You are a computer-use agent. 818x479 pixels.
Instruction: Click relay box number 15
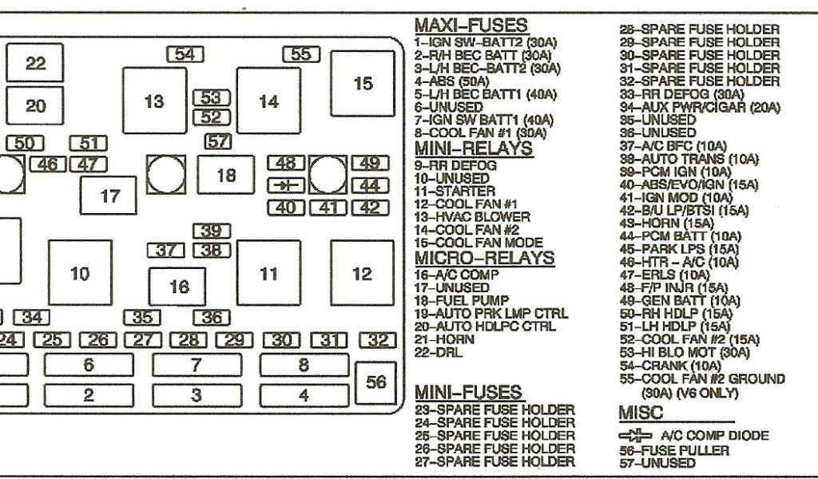point(363,83)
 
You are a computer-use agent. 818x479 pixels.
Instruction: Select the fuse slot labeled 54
point(185,54)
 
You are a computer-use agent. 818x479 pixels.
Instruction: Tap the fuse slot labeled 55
point(301,54)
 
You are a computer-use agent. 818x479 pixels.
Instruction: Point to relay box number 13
point(154,101)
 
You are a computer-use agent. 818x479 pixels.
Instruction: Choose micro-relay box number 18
point(226,175)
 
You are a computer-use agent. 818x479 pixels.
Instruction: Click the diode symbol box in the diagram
point(285,185)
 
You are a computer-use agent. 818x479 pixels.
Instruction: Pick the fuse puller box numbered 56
point(375,382)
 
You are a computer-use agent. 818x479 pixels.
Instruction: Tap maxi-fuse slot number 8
point(304,366)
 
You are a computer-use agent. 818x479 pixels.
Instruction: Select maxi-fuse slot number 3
point(196,395)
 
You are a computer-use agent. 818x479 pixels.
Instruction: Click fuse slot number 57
point(217,142)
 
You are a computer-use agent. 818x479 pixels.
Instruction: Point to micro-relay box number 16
point(180,287)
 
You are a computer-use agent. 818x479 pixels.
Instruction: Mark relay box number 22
point(36,64)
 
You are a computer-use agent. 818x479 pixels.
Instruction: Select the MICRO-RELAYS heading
point(484,258)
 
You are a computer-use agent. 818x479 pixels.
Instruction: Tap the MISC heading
point(641,413)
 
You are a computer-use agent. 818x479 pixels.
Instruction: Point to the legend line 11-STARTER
point(455,192)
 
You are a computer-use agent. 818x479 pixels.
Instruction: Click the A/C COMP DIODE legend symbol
point(635,436)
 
